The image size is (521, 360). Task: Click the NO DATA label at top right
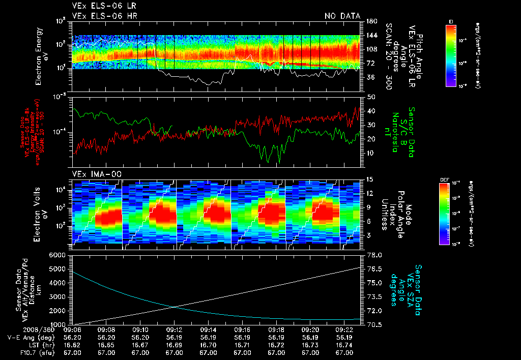click(x=342, y=16)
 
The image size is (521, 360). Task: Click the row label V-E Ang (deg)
click(x=28, y=337)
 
